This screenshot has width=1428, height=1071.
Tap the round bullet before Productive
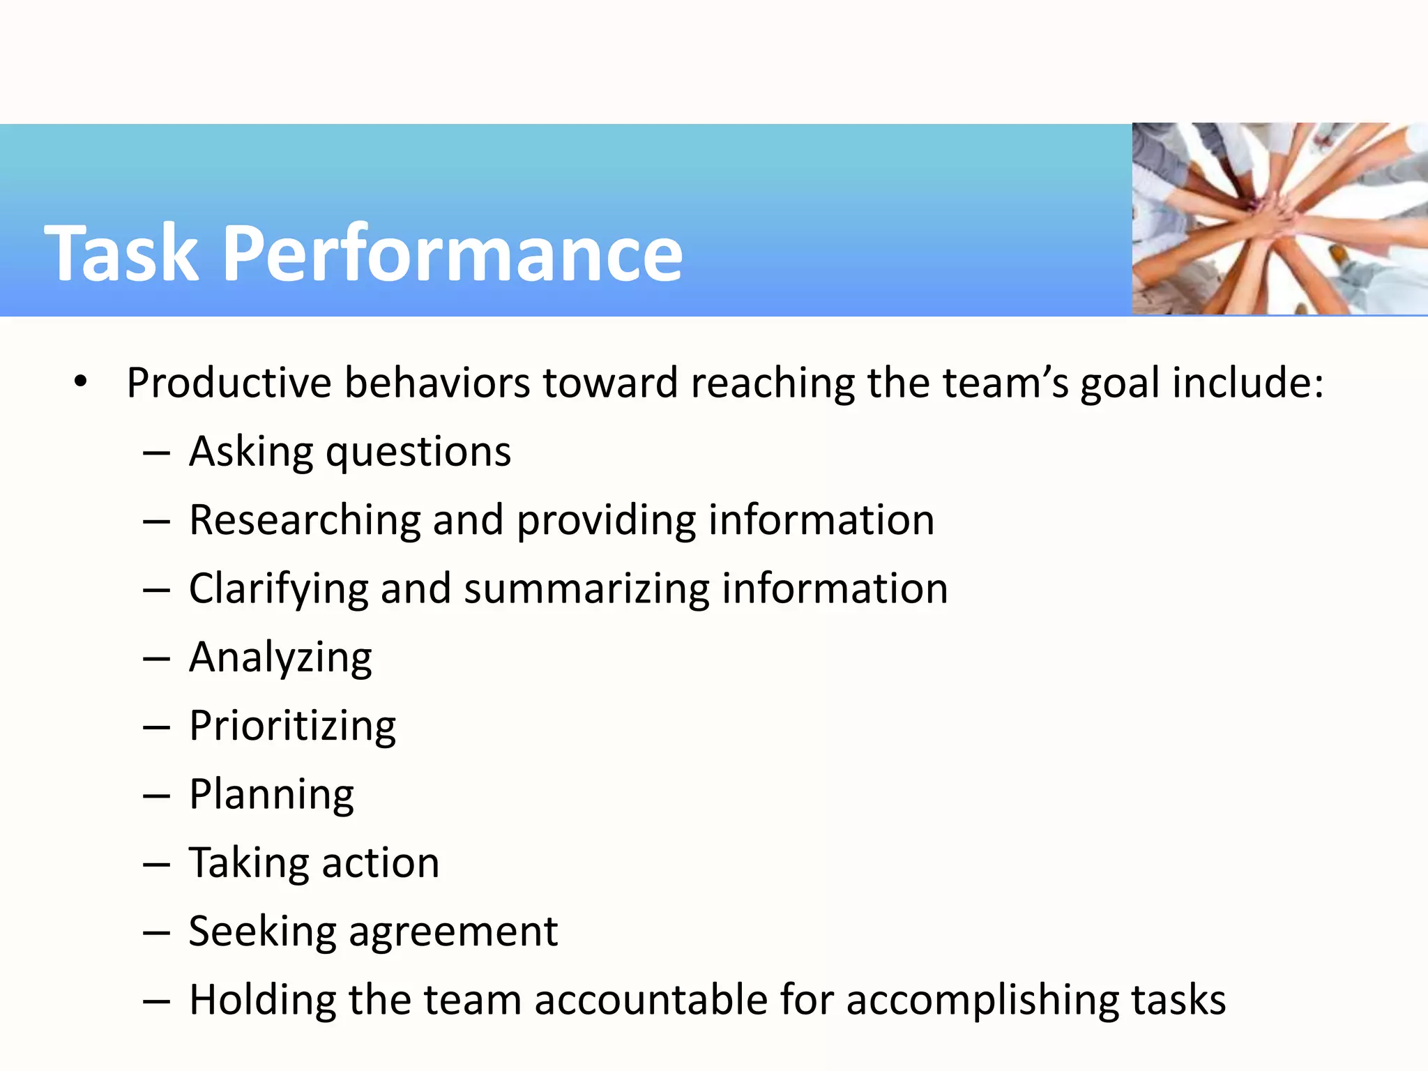pos(81,381)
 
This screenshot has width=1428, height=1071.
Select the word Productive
pos(229,383)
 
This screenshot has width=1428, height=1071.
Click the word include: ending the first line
pos(1247,383)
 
